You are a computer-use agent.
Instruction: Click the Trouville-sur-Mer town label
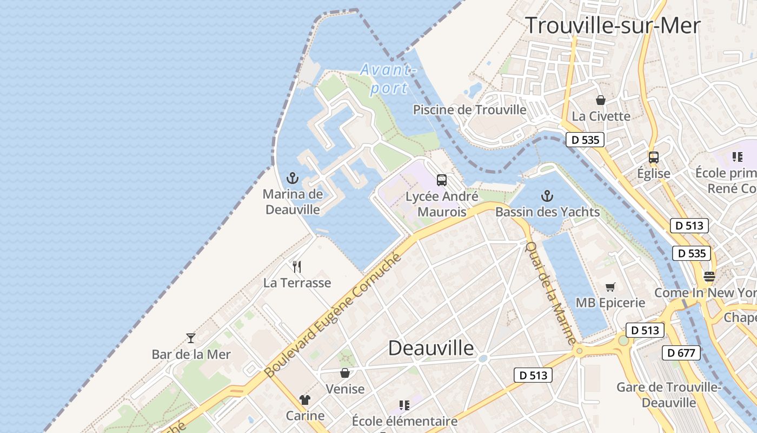click(x=613, y=25)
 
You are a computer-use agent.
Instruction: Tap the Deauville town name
click(x=431, y=347)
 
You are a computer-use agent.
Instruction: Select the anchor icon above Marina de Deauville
click(x=292, y=178)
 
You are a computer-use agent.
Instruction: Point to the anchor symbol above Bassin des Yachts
click(x=547, y=196)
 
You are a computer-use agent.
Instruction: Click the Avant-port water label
click(x=389, y=79)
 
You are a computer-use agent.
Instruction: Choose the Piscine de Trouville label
click(x=469, y=110)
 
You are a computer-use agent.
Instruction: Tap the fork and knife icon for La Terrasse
click(x=296, y=266)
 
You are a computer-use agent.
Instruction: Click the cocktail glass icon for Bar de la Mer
click(x=191, y=338)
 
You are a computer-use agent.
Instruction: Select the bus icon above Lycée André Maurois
click(x=442, y=180)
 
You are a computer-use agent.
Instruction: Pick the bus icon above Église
click(x=654, y=158)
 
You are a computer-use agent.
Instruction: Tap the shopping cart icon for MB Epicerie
click(x=610, y=287)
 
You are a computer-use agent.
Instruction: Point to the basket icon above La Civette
click(x=601, y=100)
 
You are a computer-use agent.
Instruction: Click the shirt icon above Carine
click(x=305, y=400)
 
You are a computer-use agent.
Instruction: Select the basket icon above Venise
click(x=345, y=373)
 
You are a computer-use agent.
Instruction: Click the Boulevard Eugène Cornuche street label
click(x=334, y=314)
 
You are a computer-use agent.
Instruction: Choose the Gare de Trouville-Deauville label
click(x=669, y=395)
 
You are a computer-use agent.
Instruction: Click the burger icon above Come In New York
click(x=709, y=277)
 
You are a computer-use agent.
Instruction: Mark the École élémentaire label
click(x=404, y=421)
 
